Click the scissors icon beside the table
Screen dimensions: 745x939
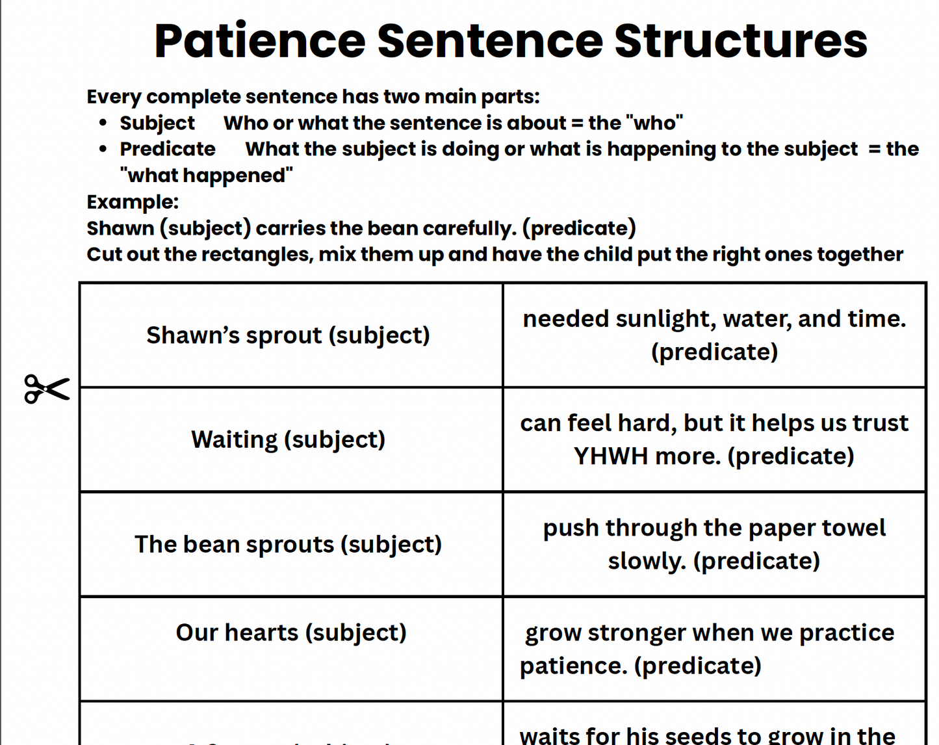pos(47,389)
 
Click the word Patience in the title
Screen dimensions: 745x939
pos(260,42)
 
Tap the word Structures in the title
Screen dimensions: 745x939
pos(741,42)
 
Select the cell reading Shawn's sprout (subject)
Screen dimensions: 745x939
pos(288,335)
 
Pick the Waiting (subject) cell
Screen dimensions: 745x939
pos(288,439)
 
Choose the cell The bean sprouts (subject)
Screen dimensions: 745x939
pos(288,544)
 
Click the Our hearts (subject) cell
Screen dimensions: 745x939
pos(291,633)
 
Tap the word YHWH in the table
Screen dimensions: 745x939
pos(611,456)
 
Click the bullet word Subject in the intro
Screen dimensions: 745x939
pos(157,123)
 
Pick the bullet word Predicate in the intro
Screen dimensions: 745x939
pos(168,149)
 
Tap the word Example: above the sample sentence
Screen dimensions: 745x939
pos(133,202)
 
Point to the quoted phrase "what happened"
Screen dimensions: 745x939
pos(207,176)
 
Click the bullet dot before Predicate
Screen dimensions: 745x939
pos(103,149)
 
